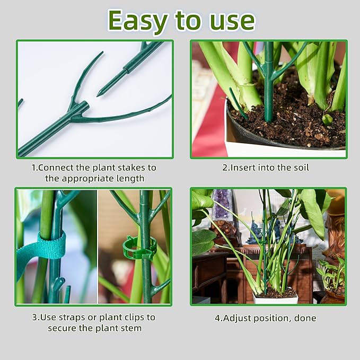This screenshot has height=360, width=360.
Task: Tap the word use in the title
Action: pyautogui.click(x=229, y=21)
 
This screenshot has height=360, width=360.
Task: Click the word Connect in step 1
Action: pyautogui.click(x=59, y=168)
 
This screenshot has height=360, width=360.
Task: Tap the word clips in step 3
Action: pyautogui.click(x=130, y=317)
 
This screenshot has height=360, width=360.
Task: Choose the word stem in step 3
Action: pyautogui.click(x=131, y=328)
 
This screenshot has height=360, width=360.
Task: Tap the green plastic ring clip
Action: pyautogui.click(x=139, y=248)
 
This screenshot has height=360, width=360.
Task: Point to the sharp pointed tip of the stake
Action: pyautogui.click(x=99, y=95)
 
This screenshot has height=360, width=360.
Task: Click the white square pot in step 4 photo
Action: pyautogui.click(x=275, y=300)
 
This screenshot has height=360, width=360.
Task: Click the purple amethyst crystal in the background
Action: pyautogui.click(x=222, y=204)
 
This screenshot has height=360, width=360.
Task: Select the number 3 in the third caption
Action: pyautogui.click(x=34, y=317)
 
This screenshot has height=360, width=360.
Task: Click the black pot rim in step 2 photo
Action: pyautogui.click(x=286, y=144)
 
